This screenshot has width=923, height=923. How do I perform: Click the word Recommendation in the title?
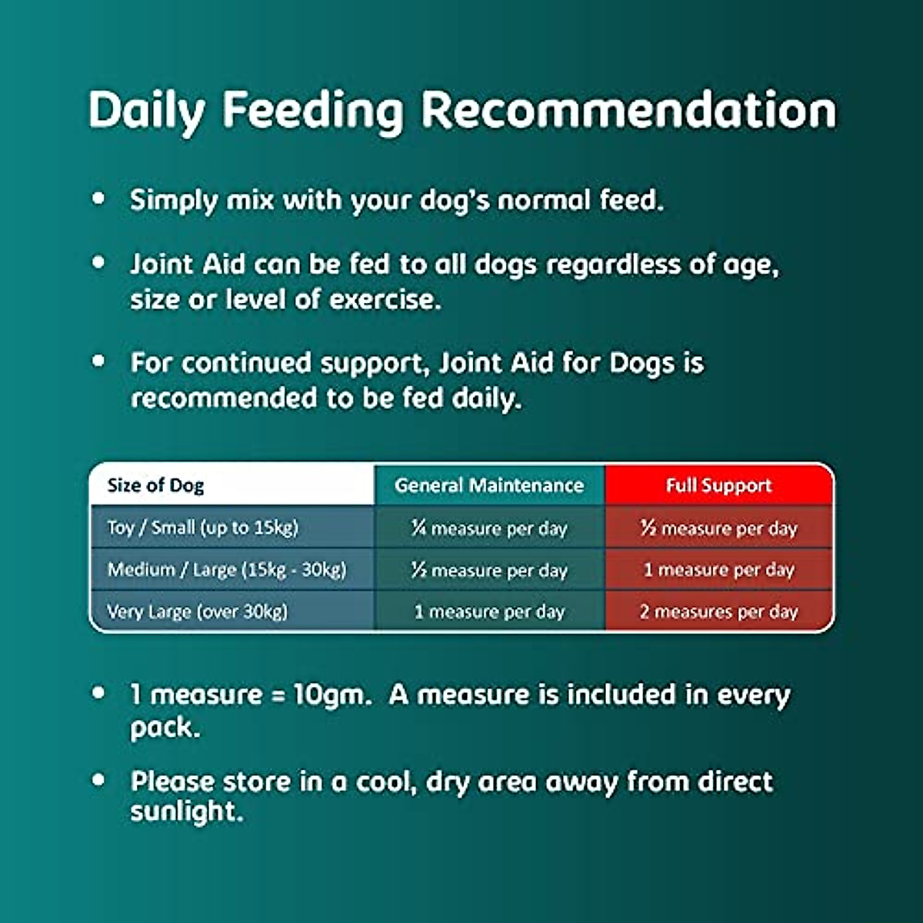pos(628,110)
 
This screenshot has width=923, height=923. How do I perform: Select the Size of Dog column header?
pos(155,485)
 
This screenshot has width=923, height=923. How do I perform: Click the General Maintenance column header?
pos(489,485)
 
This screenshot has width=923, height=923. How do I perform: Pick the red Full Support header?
pos(718,485)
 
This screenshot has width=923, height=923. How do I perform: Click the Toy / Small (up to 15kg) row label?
pos(202,528)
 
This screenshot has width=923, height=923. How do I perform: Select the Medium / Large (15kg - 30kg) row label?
pos(227,569)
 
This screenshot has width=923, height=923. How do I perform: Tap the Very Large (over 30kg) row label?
pos(198,611)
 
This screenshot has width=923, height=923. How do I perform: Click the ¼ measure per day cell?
pos(489,528)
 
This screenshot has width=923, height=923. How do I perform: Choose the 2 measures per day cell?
pos(718,611)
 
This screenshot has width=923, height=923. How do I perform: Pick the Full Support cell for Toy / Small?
pos(718,528)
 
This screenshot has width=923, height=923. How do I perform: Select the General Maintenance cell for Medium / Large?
pos(489,570)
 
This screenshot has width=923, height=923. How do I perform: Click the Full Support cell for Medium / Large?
pos(718,570)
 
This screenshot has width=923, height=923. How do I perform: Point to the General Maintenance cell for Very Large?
pos(489,611)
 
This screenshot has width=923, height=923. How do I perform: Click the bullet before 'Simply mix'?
pos(98,198)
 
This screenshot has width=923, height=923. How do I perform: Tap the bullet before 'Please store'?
pos(98,780)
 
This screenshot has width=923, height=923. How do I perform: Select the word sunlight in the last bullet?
pos(187,811)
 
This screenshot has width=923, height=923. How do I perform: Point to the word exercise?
pos(385,300)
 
